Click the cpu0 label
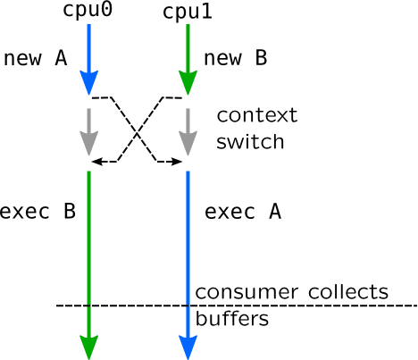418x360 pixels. coord(88,10)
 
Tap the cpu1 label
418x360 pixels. coord(188,13)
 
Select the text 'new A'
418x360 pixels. coord(36,58)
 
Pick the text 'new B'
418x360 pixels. coord(236,58)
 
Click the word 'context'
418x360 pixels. coord(257,115)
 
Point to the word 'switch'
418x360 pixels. coord(250,141)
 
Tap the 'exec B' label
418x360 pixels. coord(38,212)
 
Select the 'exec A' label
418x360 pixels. coord(243,212)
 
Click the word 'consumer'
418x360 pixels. coord(247,293)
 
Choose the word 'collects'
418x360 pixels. coord(348,291)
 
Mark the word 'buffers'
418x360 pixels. coord(232,318)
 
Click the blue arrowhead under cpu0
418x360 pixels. coord(89,83)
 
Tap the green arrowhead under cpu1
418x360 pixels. coord(188,83)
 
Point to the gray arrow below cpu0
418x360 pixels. coord(89,132)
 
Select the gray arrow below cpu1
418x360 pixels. coord(188,132)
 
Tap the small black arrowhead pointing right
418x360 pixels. coord(177,162)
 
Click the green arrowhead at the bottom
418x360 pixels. coord(89,347)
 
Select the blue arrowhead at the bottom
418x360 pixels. coord(188,347)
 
